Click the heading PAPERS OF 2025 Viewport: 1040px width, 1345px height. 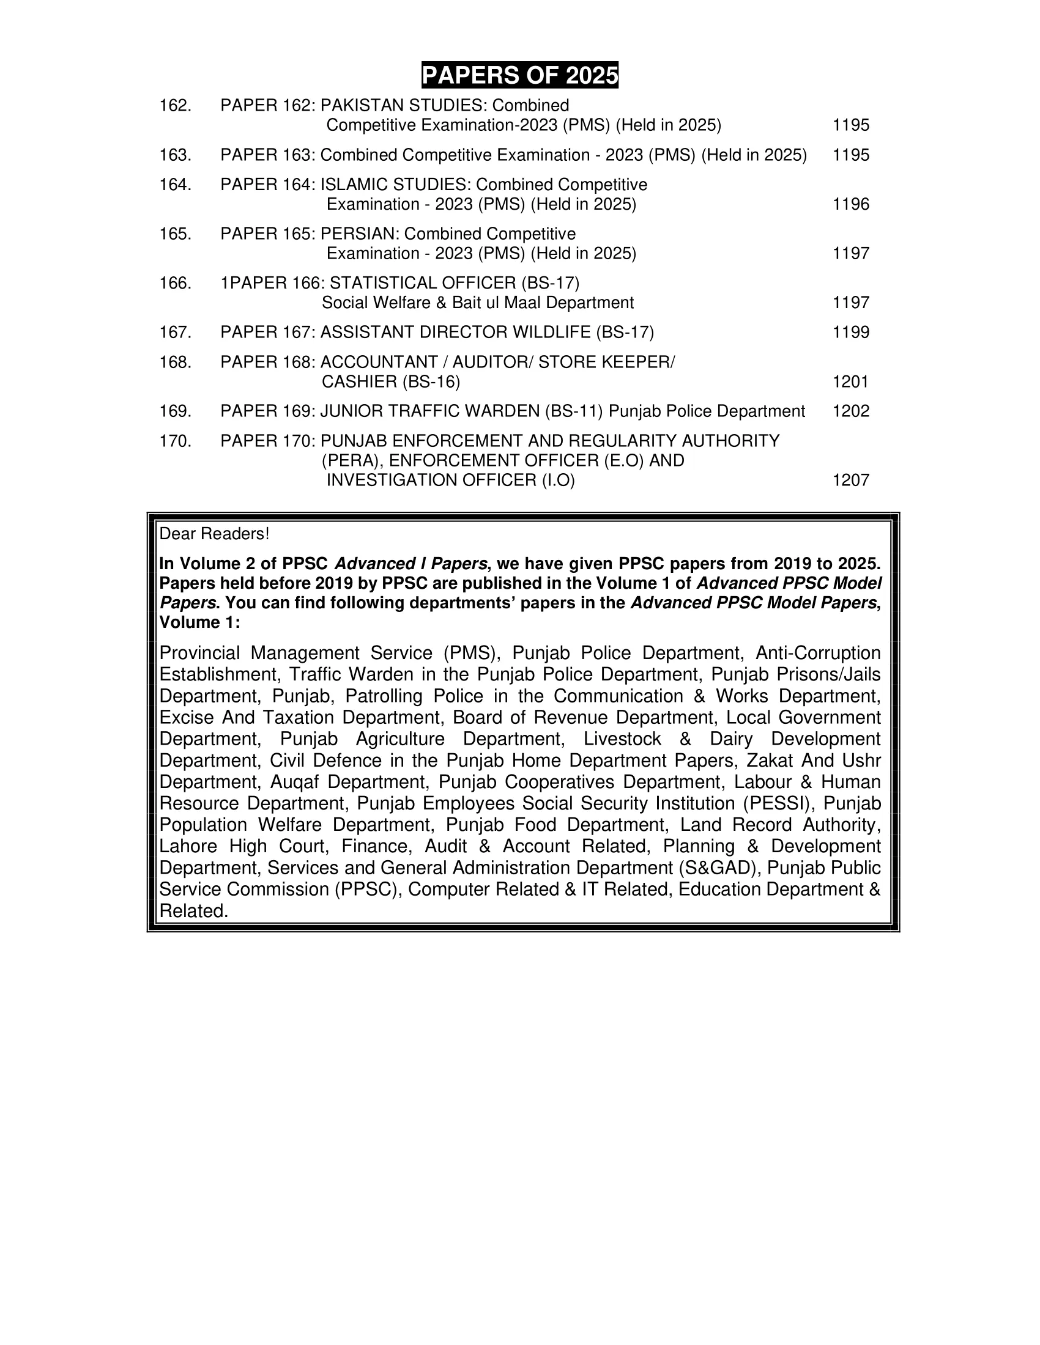[x=519, y=75]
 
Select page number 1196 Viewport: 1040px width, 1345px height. [x=850, y=204]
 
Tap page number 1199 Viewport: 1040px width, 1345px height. [x=850, y=333]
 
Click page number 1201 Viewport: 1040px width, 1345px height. [x=850, y=382]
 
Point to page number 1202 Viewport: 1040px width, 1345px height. [x=850, y=411]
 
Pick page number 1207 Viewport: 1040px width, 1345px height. [x=850, y=481]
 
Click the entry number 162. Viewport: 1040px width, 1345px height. [x=175, y=106]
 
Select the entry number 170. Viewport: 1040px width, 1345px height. [x=175, y=441]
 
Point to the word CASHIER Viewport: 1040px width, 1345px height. [x=359, y=382]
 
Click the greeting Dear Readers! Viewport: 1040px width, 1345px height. [x=214, y=534]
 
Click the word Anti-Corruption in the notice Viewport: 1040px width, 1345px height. [x=817, y=653]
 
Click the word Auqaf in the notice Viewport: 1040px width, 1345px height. [x=293, y=782]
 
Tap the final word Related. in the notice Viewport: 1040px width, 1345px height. [x=193, y=912]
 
